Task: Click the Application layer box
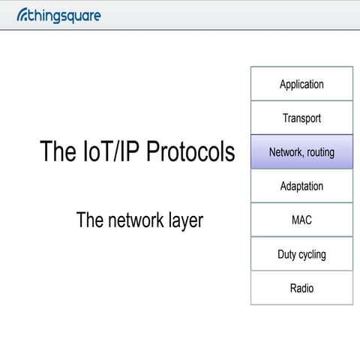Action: pos(301,84)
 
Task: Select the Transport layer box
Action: pos(301,118)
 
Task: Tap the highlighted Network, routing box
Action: pos(301,152)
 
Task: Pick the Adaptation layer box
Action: pos(301,186)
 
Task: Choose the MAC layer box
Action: pos(301,220)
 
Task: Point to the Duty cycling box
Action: pos(301,254)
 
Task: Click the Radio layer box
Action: pos(301,288)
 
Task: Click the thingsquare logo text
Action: pos(63,14)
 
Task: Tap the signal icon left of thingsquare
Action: pos(20,13)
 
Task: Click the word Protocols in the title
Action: pos(190,152)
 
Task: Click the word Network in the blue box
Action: pos(285,152)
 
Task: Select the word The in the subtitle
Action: pos(88,220)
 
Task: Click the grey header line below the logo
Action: pos(180,29)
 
